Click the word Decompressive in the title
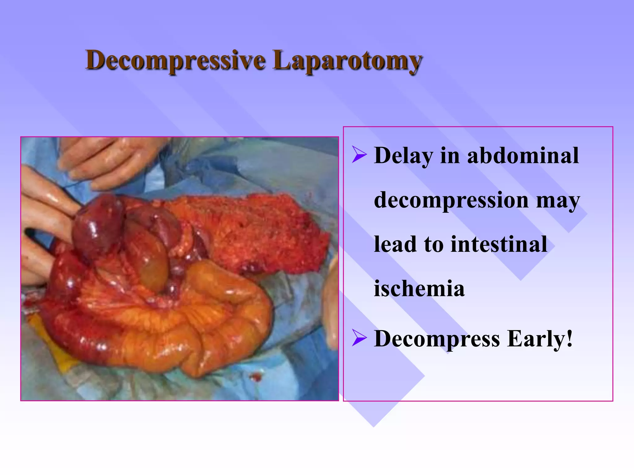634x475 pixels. [x=175, y=60]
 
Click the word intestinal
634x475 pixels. [x=499, y=244]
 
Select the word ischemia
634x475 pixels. [x=419, y=289]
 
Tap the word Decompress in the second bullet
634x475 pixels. [x=437, y=339]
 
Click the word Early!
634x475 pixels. [x=540, y=339]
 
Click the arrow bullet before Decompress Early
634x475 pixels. [x=359, y=339]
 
